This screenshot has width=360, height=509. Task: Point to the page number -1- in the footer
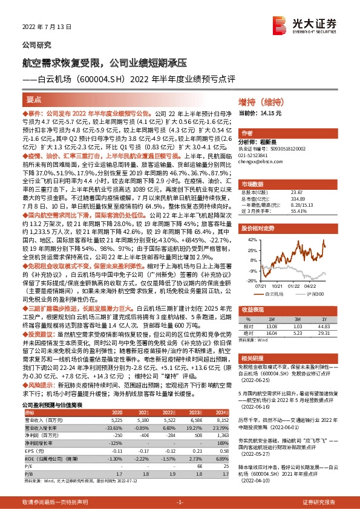pos(180,502)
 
